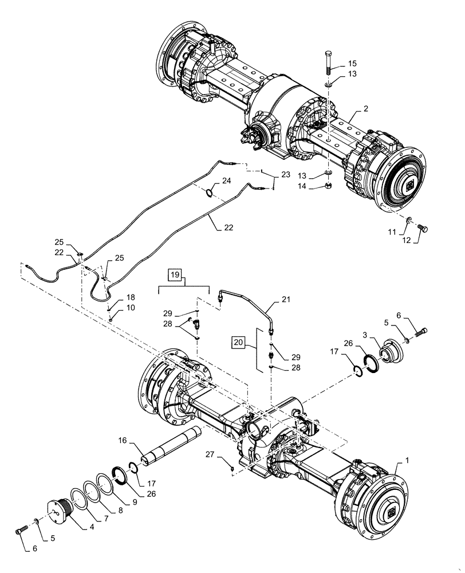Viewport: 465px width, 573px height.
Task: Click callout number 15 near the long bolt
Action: click(352, 63)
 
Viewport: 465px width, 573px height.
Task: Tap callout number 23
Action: click(285, 174)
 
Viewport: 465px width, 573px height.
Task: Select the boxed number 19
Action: click(175, 275)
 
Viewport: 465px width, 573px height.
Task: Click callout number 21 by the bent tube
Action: click(286, 299)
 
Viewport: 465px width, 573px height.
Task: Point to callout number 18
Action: click(131, 297)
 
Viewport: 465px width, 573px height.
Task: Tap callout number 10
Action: click(131, 308)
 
